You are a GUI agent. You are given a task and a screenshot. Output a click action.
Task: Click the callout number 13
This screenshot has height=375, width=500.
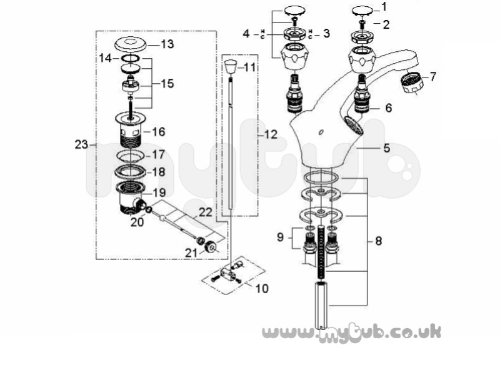click(x=167, y=44)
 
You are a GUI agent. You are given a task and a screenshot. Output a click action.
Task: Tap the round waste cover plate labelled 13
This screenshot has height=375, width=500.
click(x=130, y=44)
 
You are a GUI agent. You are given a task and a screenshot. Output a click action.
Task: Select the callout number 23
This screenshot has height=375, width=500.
click(x=81, y=145)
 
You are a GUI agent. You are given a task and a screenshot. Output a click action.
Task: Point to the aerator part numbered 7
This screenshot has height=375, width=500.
click(x=412, y=82)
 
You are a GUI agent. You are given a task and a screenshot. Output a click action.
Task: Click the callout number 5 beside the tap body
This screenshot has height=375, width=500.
click(x=386, y=148)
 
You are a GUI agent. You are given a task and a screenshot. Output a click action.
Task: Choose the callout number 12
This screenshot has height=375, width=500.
click(x=271, y=134)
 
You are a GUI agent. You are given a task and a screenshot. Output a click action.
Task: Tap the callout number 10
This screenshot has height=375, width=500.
click(x=262, y=289)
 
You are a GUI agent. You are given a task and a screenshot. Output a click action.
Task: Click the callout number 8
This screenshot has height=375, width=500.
click(x=379, y=241)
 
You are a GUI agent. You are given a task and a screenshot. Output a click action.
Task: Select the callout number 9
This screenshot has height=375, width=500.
click(x=280, y=237)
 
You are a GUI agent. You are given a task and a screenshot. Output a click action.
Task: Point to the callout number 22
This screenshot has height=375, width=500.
click(x=206, y=212)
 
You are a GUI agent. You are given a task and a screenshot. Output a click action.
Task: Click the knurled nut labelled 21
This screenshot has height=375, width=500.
click(x=210, y=246)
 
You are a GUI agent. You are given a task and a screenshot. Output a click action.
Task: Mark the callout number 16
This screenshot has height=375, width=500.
click(x=159, y=132)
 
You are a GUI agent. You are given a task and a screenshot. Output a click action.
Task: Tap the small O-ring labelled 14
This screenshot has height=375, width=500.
click(x=131, y=58)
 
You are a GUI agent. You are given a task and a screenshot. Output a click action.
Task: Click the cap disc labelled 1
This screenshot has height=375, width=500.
click(x=362, y=11)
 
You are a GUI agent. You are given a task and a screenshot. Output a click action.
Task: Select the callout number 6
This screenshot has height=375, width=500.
click(x=388, y=107)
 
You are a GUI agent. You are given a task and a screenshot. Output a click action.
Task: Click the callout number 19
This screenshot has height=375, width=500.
click(x=159, y=192)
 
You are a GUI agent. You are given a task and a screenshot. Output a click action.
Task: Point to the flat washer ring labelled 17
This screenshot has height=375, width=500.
click(x=131, y=156)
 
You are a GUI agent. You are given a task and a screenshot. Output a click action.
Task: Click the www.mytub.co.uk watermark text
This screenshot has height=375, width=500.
click(x=352, y=333)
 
